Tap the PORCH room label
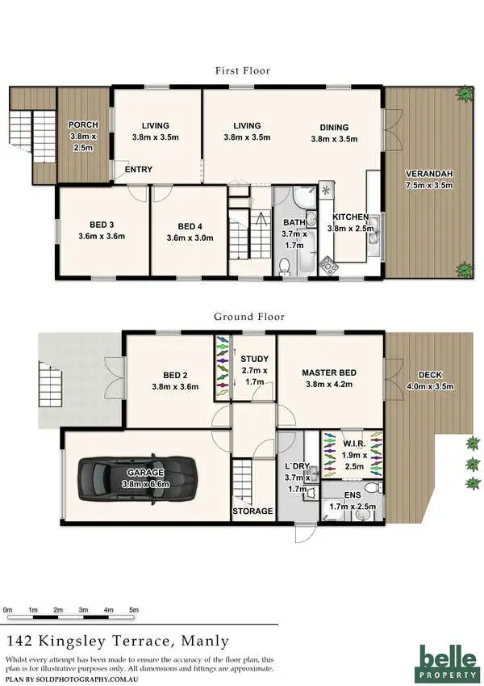(83, 124)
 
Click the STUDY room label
(253, 359)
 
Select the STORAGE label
(252, 511)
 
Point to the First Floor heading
(242, 71)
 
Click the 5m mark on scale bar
(134, 609)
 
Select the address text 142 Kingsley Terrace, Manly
(102, 642)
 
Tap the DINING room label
(334, 127)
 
